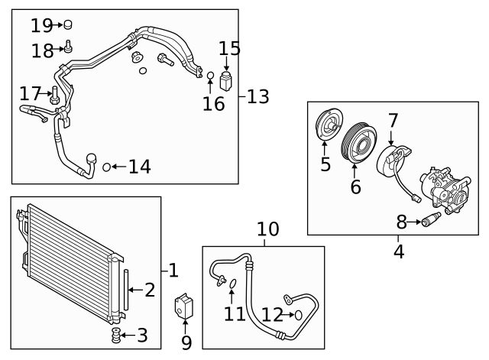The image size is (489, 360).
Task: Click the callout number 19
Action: pos(40,25)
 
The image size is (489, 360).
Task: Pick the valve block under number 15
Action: pos(226,81)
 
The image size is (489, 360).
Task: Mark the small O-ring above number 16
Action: pos(210,75)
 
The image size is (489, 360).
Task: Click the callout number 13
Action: pos(258,97)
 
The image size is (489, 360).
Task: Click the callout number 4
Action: pos(398,249)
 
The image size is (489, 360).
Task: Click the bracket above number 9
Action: pos(186,306)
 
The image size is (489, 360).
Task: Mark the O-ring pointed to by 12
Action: pos(298,313)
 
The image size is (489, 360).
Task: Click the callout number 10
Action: pos(267,229)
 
